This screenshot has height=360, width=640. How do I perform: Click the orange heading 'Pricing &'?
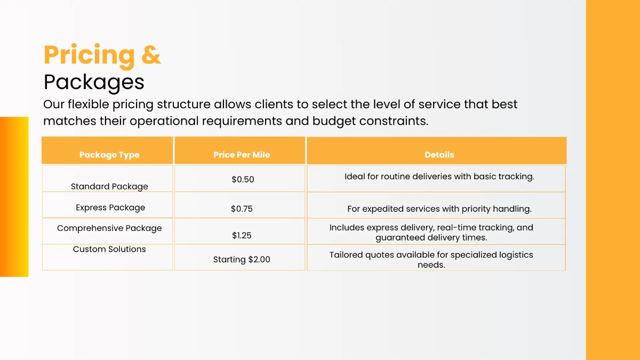[102, 55]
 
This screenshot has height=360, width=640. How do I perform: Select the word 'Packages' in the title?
[94, 82]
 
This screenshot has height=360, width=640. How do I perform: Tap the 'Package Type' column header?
[109, 155]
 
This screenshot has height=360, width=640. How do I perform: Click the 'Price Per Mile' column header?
[242, 155]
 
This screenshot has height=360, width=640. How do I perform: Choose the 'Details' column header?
[439, 155]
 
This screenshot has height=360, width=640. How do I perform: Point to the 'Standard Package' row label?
[109, 187]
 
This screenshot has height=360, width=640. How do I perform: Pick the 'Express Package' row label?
[110, 207]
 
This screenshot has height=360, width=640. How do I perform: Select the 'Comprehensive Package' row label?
[109, 228]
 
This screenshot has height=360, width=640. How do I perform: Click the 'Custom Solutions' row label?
[109, 249]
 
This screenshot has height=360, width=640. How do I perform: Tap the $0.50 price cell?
[243, 180]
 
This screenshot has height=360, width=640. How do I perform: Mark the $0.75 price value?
[242, 209]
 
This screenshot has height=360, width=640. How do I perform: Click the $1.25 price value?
[242, 235]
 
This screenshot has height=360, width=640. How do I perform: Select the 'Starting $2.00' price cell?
[242, 260]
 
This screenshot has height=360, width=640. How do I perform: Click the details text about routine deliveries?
[439, 177]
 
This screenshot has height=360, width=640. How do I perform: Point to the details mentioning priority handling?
[439, 209]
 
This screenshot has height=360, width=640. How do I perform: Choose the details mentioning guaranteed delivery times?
[431, 233]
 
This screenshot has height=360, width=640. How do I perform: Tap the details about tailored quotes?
[431, 260]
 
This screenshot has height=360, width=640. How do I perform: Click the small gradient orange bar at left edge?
[14, 197]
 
